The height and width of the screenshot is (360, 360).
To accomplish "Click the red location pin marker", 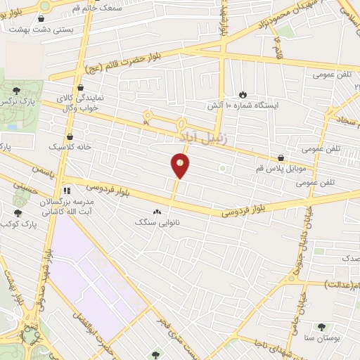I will click(181, 166).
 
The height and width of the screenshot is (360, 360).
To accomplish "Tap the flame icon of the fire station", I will click(243, 94).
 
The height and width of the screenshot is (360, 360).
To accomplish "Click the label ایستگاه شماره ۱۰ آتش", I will click(243, 105).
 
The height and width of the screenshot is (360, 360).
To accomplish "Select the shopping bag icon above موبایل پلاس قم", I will click(281, 158).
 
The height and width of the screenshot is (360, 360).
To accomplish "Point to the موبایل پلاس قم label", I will click(281, 170).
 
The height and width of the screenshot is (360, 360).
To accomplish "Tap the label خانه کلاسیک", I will click(69, 147).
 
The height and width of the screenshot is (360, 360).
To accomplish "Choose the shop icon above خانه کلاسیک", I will click(69, 136).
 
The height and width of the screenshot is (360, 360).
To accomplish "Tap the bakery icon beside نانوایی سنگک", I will click(157, 211).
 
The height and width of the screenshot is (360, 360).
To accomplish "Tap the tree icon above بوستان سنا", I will click(321, 327).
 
